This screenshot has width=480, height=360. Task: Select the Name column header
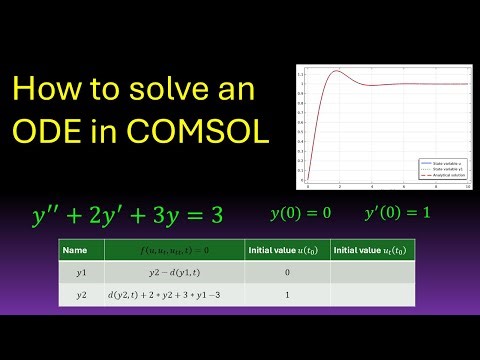(x=75, y=249)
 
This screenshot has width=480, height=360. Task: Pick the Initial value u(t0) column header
(x=286, y=249)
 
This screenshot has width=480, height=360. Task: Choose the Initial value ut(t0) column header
(x=372, y=249)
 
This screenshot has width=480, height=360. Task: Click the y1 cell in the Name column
(x=75, y=271)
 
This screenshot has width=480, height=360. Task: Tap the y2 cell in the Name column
(x=75, y=295)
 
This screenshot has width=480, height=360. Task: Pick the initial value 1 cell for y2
(x=286, y=295)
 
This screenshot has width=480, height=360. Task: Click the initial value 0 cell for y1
(x=286, y=271)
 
